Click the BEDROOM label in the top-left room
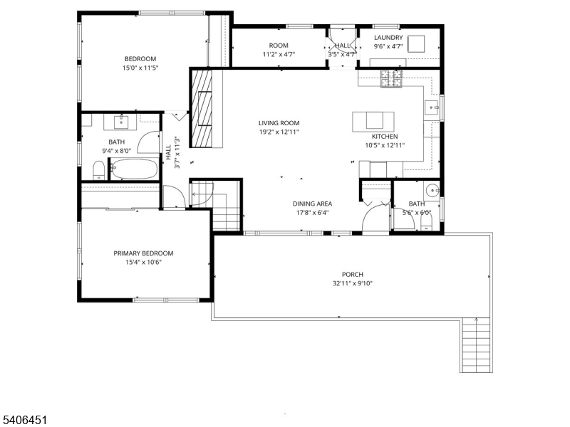point(140,59)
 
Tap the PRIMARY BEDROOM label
point(143,253)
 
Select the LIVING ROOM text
point(279,123)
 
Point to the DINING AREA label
point(312,204)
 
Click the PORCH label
point(352,275)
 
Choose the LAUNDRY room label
point(388,38)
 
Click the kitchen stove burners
point(391,79)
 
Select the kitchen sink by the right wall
point(432,107)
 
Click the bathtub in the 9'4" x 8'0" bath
point(133,169)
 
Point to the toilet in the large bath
point(98,169)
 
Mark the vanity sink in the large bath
point(120,122)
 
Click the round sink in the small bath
point(430,191)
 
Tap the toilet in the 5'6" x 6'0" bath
point(426,224)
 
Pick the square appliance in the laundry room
point(416,43)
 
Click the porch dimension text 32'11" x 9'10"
point(351,283)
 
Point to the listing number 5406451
point(25,421)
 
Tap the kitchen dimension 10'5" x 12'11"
point(385,145)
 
